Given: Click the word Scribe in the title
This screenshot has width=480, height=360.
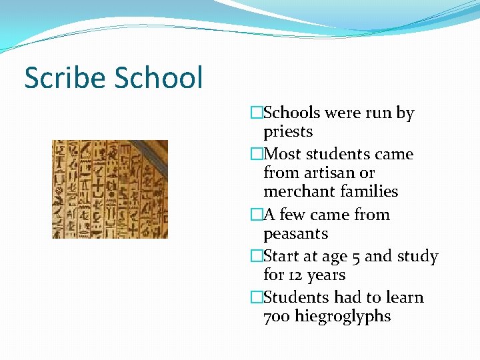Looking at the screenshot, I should point(65,78).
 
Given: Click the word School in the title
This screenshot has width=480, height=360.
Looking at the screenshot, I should point(159,78).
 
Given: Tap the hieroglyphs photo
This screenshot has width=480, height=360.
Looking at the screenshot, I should point(110,189).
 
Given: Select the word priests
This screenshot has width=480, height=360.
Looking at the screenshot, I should point(288,132).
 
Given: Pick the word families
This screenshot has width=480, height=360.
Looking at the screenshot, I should point(370,192).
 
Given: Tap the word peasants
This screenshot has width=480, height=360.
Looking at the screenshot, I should point(296,234).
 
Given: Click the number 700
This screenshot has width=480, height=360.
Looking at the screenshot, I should point(277,316).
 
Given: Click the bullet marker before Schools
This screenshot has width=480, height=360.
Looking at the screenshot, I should point(257,113).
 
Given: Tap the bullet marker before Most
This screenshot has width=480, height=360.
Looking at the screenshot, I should point(257,155).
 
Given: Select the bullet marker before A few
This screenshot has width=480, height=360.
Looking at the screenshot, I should point(257,215).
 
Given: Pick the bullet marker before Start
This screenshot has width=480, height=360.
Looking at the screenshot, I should point(257,257).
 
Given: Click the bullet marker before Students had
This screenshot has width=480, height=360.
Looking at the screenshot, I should point(257,297).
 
